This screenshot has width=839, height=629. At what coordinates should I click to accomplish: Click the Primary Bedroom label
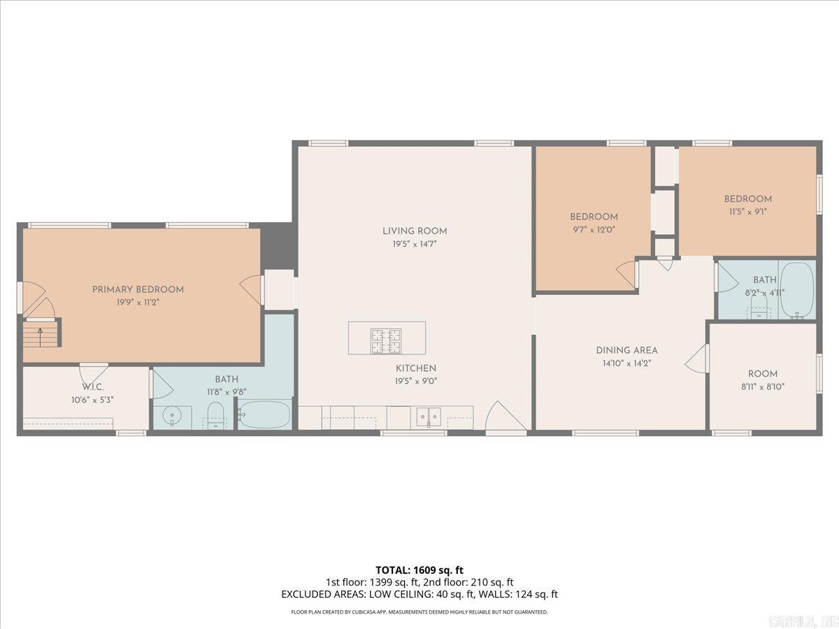click(138, 289)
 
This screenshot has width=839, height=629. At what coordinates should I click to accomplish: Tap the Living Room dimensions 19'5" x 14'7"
click(415, 245)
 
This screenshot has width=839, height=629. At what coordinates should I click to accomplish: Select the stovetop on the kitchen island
click(386, 338)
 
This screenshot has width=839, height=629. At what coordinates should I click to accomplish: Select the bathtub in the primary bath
click(264, 415)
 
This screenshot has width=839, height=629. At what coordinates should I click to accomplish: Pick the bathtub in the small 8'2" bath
click(797, 290)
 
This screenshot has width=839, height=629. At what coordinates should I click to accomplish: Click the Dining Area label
click(626, 350)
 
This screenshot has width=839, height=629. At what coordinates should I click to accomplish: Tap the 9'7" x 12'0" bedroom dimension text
click(594, 229)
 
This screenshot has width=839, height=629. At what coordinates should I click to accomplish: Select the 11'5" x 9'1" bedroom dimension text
click(747, 211)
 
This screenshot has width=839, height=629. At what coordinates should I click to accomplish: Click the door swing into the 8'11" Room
click(697, 359)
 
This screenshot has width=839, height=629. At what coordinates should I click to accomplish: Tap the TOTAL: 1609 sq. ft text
click(419, 570)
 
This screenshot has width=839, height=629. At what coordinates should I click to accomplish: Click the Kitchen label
click(416, 368)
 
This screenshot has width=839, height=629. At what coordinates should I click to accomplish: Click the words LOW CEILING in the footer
click(443, 595)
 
